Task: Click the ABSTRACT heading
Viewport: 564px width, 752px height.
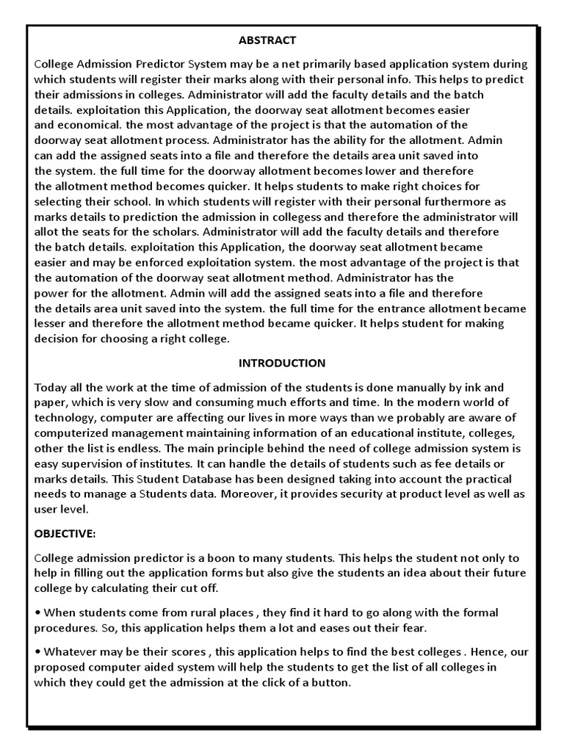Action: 267,40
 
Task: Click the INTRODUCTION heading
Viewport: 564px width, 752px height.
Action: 282,363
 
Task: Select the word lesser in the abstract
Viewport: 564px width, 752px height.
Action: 51,324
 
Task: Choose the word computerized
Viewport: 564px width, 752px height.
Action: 70,433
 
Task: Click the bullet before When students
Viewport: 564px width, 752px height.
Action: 37,613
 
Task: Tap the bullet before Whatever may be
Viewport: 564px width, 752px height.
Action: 37,651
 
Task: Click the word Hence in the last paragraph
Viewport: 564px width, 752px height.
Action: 488,651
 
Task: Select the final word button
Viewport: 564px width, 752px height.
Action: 333,682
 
